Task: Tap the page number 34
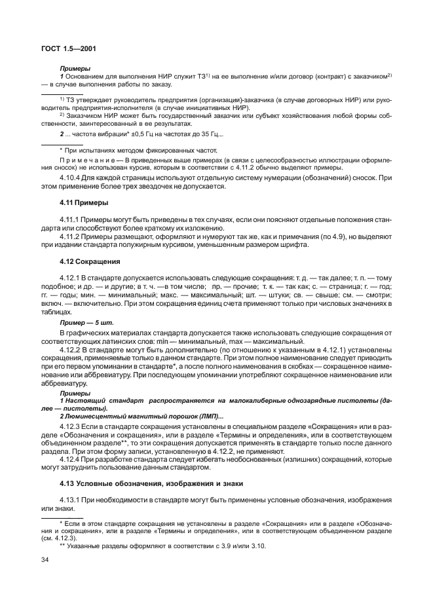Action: coord(46,561)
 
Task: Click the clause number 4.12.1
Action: coord(71,278)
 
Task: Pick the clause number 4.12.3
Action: coord(71,426)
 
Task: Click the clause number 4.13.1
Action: coord(71,500)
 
